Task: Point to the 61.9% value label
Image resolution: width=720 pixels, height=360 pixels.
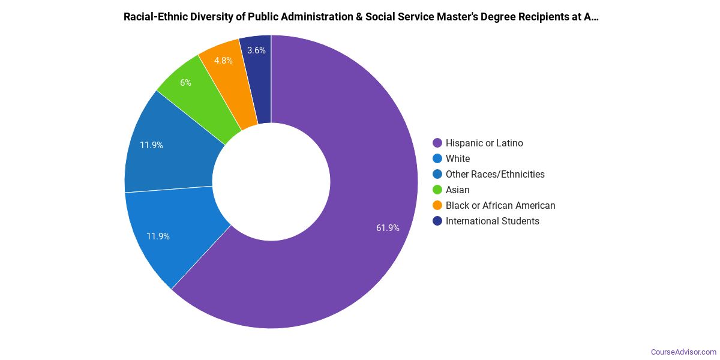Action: point(388,228)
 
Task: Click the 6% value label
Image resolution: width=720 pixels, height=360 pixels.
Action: point(185,83)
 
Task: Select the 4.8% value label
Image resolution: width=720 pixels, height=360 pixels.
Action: point(223,61)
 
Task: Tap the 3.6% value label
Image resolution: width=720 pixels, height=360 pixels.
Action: point(256,50)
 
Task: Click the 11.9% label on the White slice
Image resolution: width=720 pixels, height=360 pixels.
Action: point(158,236)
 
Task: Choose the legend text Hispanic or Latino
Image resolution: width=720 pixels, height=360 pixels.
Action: point(484,143)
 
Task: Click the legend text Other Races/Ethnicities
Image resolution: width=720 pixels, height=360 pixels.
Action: point(495,174)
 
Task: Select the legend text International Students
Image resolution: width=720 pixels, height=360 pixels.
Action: point(492,221)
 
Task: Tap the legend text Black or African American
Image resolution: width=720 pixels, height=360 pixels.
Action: point(500,205)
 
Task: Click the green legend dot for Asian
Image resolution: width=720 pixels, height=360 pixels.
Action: point(437,190)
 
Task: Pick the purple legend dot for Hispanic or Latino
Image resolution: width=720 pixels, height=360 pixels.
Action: point(437,143)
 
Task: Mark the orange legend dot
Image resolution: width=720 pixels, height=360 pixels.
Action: point(437,205)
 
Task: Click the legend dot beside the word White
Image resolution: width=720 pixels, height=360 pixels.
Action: point(437,158)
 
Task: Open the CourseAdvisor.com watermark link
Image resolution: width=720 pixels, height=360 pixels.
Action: point(683,352)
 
